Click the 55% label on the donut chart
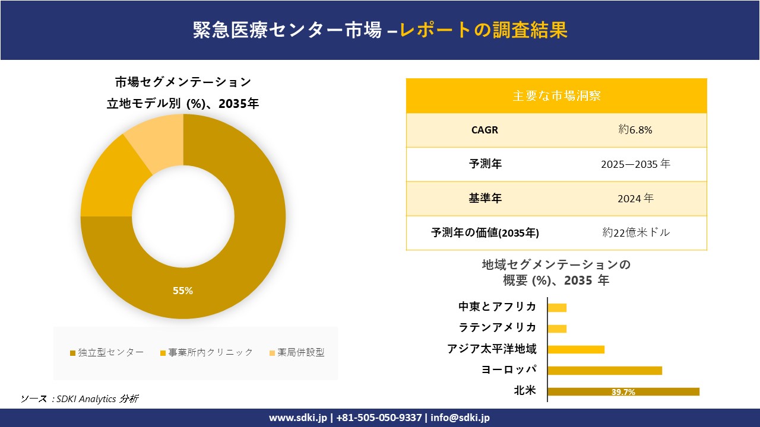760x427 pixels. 183,291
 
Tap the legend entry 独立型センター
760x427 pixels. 107,352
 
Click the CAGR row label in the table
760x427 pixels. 484,130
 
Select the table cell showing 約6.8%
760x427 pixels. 635,130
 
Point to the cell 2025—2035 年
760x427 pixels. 635,164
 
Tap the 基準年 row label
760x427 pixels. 484,199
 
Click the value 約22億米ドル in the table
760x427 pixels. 635,232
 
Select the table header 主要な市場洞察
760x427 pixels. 556,95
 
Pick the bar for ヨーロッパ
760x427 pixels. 604,371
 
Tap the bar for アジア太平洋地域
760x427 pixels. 576,349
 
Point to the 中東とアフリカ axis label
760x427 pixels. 497,307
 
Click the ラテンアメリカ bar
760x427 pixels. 557,329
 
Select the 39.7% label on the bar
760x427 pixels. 623,392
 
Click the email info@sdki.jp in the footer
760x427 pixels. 460,418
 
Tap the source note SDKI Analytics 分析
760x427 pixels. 80,399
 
